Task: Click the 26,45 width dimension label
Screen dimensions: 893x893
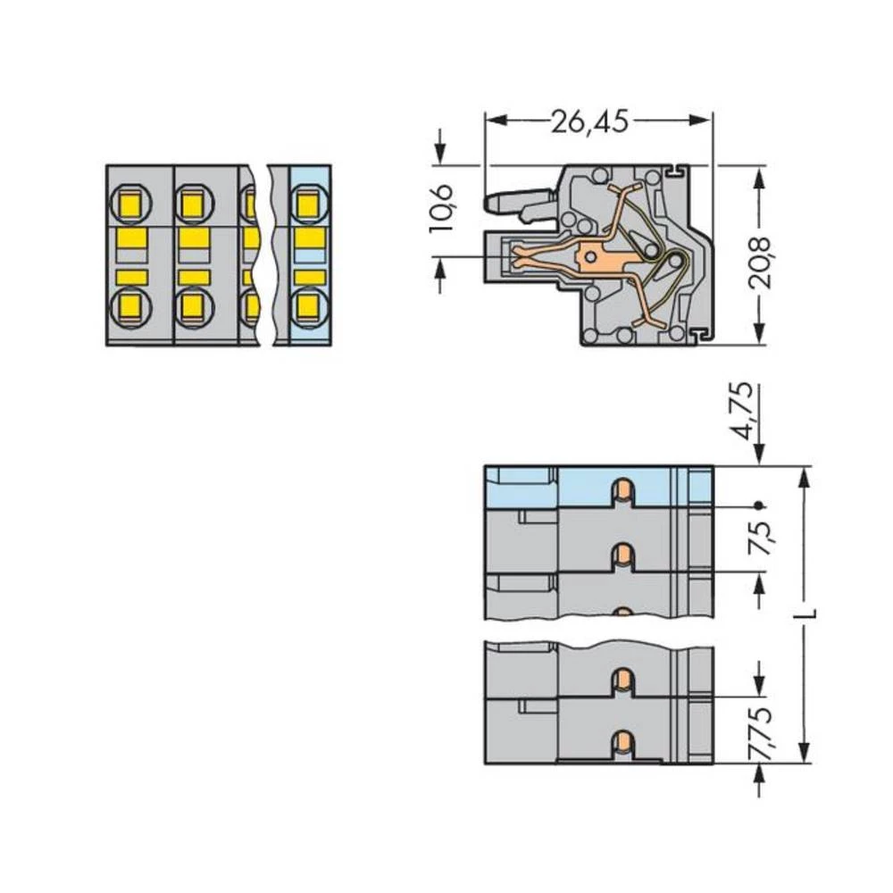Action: tap(589, 121)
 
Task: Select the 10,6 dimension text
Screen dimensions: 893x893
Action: tap(442, 207)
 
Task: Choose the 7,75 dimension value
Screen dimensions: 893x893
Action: tap(761, 728)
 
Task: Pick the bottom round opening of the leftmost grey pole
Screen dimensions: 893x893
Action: tap(131, 308)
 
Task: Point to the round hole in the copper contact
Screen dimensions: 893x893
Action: tap(588, 259)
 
